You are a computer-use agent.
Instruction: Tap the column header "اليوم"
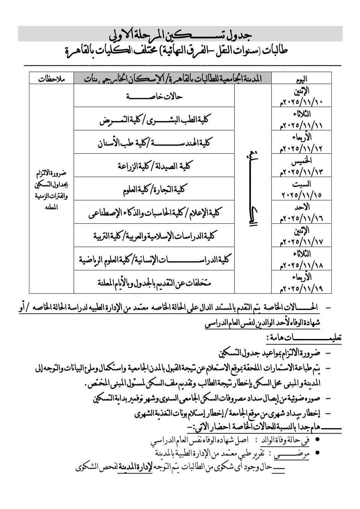(x=301, y=78)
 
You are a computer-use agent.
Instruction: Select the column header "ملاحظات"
(x=52, y=79)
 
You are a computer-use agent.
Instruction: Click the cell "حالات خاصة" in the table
(x=154, y=96)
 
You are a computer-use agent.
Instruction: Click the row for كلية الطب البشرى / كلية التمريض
(x=154, y=119)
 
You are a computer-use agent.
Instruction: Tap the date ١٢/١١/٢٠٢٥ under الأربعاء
(x=301, y=148)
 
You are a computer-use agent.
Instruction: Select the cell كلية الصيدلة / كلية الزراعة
(x=154, y=165)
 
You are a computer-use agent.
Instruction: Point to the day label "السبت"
(x=301, y=184)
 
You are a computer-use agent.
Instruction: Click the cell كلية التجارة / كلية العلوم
(x=154, y=189)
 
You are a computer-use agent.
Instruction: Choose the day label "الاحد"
(x=301, y=207)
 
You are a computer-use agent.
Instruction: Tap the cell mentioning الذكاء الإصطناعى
(x=154, y=212)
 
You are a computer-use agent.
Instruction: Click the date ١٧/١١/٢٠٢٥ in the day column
(x=301, y=242)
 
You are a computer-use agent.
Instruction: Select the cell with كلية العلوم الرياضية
(x=154, y=259)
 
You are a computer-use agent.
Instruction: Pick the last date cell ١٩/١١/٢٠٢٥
(x=301, y=288)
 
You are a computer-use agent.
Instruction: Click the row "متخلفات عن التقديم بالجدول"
(x=154, y=282)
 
